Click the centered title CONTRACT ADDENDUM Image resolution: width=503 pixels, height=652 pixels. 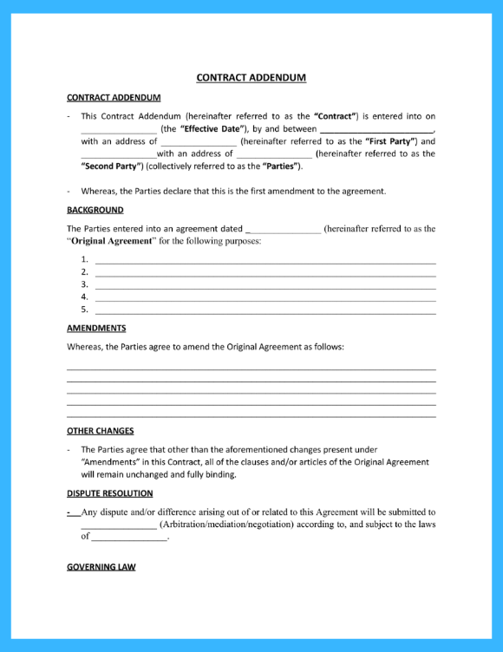(x=251, y=77)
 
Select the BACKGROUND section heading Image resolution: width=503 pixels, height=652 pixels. (x=95, y=210)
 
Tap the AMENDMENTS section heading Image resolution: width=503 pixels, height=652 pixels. (x=96, y=329)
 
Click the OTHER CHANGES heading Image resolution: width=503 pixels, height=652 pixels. (x=100, y=431)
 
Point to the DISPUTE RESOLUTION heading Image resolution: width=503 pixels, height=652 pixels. (x=109, y=493)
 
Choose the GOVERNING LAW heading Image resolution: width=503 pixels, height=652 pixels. (x=101, y=567)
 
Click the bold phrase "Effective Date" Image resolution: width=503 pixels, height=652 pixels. (x=212, y=128)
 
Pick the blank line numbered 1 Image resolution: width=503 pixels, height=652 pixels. (x=265, y=260)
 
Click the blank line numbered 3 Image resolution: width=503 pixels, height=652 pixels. (x=265, y=284)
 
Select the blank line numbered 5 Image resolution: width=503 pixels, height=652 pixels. (x=265, y=310)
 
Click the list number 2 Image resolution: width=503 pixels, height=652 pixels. (x=84, y=272)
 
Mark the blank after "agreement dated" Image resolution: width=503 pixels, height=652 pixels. (x=284, y=230)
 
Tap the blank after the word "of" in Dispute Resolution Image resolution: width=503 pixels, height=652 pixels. (x=129, y=538)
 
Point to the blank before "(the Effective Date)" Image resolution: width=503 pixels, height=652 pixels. (x=119, y=129)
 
